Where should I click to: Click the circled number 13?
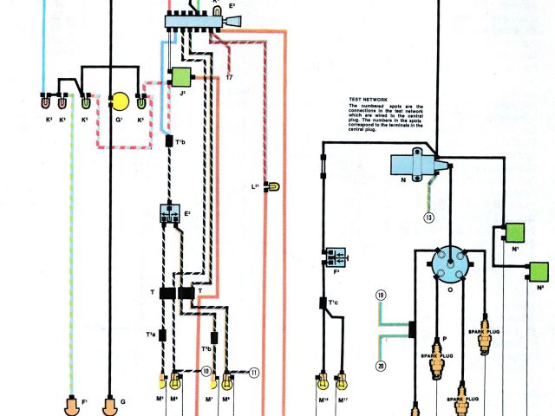[428, 218]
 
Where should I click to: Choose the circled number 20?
[380, 365]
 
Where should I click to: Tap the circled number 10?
[206, 370]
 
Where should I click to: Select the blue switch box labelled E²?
[171, 214]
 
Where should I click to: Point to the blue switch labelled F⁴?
[334, 257]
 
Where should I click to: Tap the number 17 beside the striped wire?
[229, 77]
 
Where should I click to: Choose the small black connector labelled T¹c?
[323, 303]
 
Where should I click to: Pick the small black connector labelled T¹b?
[170, 140]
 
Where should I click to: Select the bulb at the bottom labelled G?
[109, 405]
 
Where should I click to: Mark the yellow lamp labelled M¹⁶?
[323, 380]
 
